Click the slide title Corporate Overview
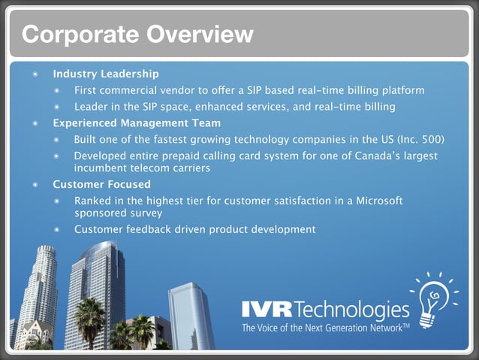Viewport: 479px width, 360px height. click(x=137, y=34)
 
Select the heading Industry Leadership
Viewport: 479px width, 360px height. click(x=105, y=74)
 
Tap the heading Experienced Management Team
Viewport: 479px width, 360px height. click(x=137, y=123)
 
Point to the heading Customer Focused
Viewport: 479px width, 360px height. click(x=101, y=184)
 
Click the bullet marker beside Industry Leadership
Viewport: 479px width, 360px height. click(x=35, y=74)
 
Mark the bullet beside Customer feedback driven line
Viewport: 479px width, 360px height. click(x=57, y=229)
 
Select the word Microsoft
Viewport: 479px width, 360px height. click(x=376, y=201)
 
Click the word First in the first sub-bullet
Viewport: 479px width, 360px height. click(x=86, y=90)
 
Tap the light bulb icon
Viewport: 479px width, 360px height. click(x=432, y=301)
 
